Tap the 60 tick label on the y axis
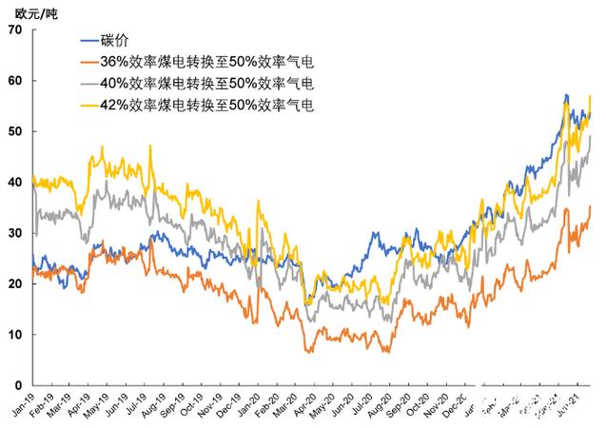14,81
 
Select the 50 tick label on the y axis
14,131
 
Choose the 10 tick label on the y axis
14,335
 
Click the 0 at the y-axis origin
18,385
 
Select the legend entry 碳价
115,42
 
